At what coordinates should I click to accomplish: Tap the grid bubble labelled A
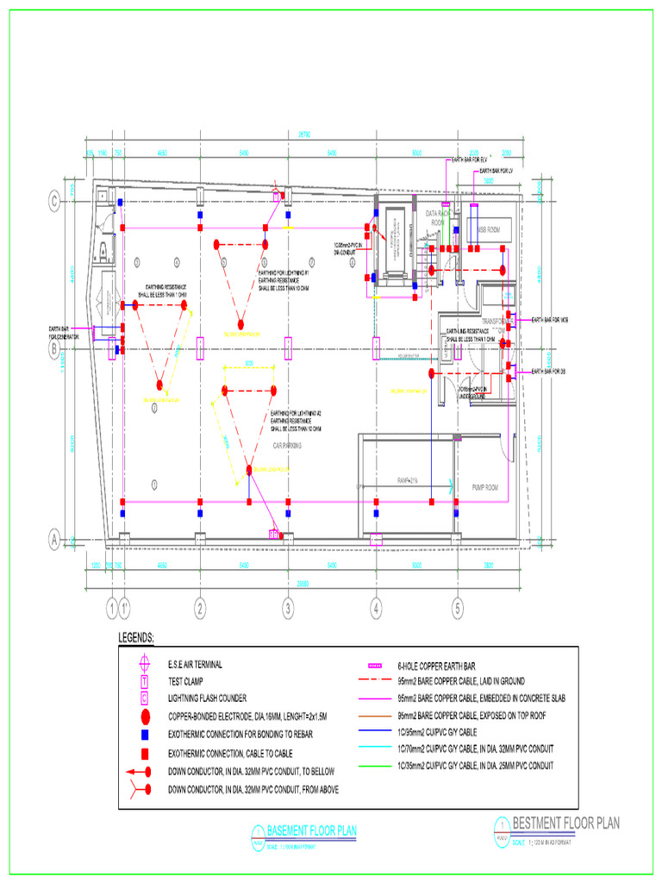(53, 541)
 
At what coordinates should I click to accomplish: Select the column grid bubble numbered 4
(376, 608)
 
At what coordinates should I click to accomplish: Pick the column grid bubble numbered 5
(459, 608)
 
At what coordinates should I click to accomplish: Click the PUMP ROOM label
(485, 487)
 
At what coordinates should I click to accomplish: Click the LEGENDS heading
(136, 638)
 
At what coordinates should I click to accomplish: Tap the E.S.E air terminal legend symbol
(146, 664)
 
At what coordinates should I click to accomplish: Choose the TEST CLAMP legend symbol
(146, 681)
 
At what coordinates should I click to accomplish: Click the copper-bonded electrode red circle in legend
(146, 717)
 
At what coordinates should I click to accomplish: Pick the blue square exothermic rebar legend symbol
(146, 735)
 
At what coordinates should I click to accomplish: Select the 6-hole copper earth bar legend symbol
(374, 667)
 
